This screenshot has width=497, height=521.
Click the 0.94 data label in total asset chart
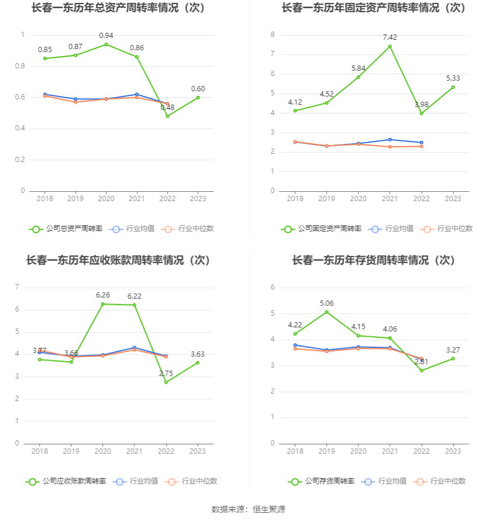pyautogui.click(x=106, y=36)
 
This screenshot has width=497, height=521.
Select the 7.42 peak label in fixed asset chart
pyautogui.click(x=390, y=37)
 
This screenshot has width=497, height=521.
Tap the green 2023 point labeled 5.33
pyautogui.click(x=453, y=87)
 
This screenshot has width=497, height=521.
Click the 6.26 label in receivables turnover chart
pyautogui.click(x=103, y=295)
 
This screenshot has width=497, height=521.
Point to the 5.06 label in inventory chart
pyautogui.click(x=327, y=303)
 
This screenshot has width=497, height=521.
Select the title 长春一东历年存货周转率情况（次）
pyautogui.click(x=374, y=260)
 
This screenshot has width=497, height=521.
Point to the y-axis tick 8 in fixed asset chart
pyautogui.click(x=272, y=35)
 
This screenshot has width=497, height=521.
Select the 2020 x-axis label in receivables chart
pyautogui.click(x=103, y=451)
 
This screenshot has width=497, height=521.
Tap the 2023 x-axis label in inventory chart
pyautogui.click(x=453, y=451)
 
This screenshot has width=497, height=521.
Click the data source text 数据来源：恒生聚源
pyautogui.click(x=248, y=509)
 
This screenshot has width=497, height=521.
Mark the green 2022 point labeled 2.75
pyautogui.click(x=166, y=382)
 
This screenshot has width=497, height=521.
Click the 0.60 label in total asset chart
pyautogui.click(x=198, y=89)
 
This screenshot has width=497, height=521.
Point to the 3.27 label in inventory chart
pyautogui.click(x=453, y=350)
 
